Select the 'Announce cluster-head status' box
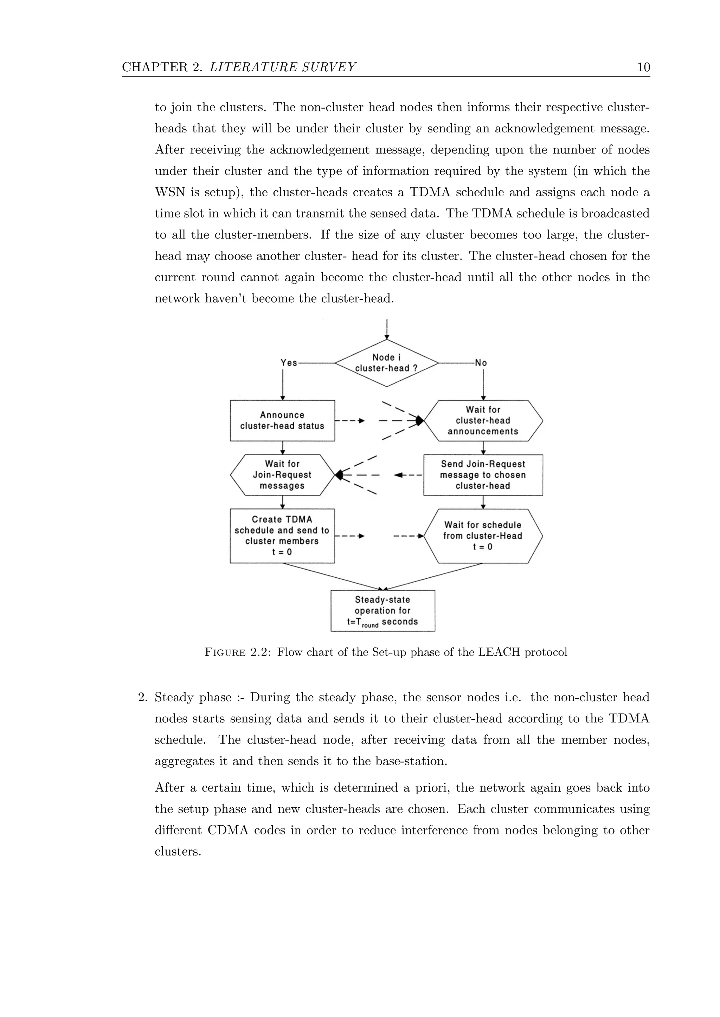282,420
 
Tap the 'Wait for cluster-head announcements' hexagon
483,420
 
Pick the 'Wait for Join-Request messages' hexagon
282,474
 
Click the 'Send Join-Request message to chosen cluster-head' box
483,474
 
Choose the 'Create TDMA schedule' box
282,536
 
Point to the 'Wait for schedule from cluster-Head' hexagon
483,536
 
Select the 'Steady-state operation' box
382,610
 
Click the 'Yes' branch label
289,363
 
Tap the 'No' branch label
481,363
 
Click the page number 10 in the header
643,67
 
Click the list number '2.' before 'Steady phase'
142,698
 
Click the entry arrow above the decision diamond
387,329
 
